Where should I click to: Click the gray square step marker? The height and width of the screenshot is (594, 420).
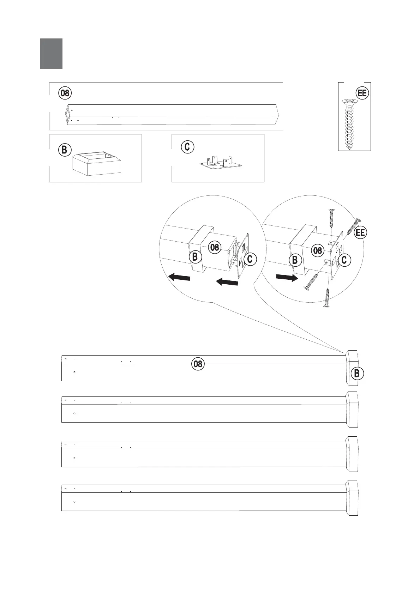pyautogui.click(x=51, y=54)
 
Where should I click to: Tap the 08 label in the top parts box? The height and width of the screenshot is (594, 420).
pyautogui.click(x=65, y=93)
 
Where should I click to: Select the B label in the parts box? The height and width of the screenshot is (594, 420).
pyautogui.click(x=64, y=150)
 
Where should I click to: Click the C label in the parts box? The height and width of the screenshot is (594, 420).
pyautogui.click(x=187, y=147)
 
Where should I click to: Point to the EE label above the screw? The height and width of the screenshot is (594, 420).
pyautogui.click(x=362, y=93)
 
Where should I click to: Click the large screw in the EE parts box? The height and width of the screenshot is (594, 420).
pyautogui.click(x=349, y=124)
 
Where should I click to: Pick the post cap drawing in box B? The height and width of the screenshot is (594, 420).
pyautogui.click(x=96, y=164)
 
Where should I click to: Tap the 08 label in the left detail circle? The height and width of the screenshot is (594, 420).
pyautogui.click(x=215, y=247)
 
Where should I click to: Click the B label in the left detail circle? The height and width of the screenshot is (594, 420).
pyautogui.click(x=195, y=257)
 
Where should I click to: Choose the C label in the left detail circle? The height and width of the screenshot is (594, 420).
pyautogui.click(x=250, y=259)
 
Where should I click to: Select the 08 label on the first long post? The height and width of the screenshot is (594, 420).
pyautogui.click(x=198, y=364)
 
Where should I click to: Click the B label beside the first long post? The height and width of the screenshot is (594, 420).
pyautogui.click(x=357, y=373)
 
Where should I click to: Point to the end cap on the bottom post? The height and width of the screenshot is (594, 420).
pyautogui.click(x=352, y=497)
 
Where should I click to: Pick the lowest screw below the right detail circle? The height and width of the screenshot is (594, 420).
pyautogui.click(x=327, y=298)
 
